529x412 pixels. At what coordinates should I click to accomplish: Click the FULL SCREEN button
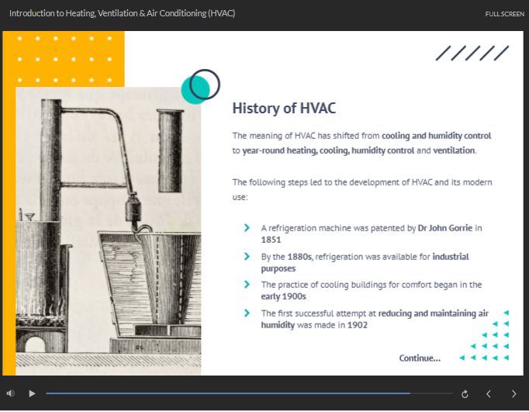(504, 14)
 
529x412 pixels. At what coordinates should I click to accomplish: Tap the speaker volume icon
(10, 393)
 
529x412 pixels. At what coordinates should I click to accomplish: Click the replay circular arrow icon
(465, 394)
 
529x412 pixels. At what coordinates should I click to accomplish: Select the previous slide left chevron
(488, 394)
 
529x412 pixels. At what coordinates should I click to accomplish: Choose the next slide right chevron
(513, 394)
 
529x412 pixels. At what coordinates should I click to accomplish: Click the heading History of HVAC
(284, 109)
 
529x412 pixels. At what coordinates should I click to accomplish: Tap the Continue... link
(420, 358)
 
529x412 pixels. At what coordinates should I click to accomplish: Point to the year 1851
(271, 240)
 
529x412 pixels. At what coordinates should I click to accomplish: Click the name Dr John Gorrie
(445, 228)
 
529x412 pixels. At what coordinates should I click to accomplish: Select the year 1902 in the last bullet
(358, 325)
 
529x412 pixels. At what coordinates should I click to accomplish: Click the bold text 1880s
(299, 257)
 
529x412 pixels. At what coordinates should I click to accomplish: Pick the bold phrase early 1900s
(283, 296)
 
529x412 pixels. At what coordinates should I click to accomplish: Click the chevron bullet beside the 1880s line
(247, 257)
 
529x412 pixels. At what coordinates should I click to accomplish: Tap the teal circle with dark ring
(200, 86)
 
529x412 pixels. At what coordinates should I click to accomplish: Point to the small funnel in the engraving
(29, 216)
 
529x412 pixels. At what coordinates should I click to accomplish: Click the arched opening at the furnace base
(35, 344)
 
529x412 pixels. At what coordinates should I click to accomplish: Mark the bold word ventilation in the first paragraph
(454, 151)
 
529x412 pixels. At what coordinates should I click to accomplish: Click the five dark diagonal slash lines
(472, 54)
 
